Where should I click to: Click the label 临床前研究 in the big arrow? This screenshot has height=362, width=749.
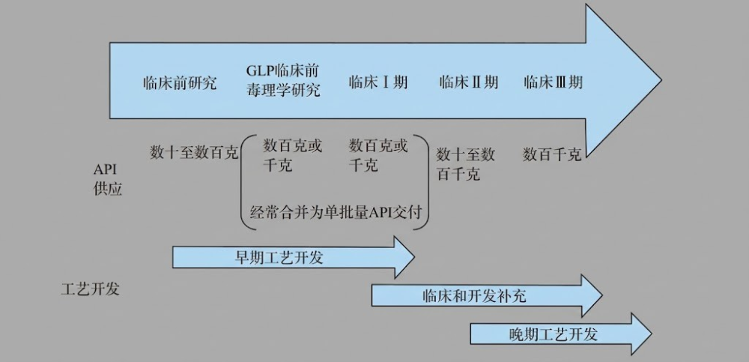(x=180, y=82)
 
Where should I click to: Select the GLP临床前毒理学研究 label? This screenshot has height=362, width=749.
(x=283, y=81)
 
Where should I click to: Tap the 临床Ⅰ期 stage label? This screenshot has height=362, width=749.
(x=378, y=82)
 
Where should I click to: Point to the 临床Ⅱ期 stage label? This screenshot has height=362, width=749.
(x=469, y=82)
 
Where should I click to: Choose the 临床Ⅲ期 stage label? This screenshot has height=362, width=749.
(x=554, y=82)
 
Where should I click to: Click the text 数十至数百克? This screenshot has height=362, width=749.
(x=194, y=153)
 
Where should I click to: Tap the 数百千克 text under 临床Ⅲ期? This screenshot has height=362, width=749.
(x=552, y=155)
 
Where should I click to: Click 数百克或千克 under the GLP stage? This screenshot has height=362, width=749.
(x=293, y=155)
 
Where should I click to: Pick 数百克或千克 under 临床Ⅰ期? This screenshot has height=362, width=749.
(x=378, y=155)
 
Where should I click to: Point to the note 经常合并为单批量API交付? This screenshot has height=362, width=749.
(x=338, y=213)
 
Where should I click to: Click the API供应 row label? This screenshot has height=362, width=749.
(x=108, y=179)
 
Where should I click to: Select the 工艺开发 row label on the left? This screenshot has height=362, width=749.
(x=90, y=289)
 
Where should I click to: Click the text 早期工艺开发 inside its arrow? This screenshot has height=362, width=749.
(x=279, y=258)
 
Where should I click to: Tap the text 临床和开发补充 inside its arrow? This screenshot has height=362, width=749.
(x=474, y=296)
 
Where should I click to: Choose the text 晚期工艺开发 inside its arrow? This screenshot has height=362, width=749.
(x=553, y=334)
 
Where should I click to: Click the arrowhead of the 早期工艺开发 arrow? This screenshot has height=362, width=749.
(x=404, y=257)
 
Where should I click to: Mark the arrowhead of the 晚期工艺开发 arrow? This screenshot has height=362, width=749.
(x=641, y=334)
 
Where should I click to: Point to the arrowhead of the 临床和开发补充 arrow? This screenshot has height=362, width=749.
(x=592, y=295)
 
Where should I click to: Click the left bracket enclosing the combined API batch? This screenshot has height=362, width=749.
(x=244, y=183)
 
